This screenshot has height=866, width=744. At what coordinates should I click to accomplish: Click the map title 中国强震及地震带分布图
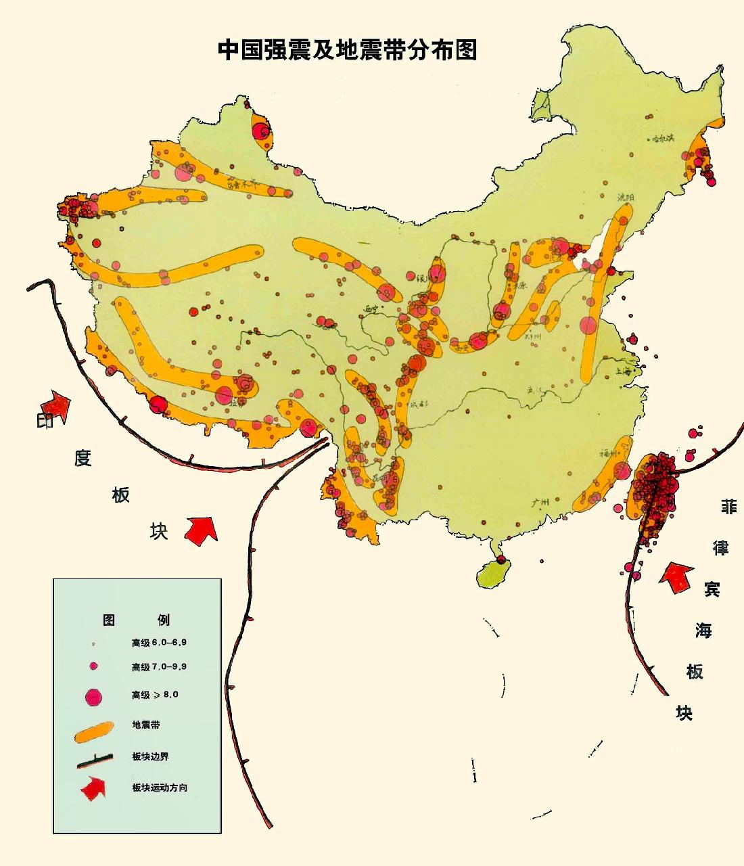click(x=347, y=49)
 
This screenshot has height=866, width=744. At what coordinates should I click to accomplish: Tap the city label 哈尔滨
click(x=663, y=138)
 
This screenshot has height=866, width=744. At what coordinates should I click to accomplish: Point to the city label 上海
click(x=626, y=371)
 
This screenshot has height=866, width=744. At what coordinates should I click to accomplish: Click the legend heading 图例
click(x=137, y=619)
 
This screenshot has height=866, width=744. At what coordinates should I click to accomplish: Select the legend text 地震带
click(x=145, y=725)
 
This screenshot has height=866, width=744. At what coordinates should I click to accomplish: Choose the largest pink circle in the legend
click(x=93, y=696)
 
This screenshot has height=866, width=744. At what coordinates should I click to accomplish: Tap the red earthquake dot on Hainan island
click(x=501, y=560)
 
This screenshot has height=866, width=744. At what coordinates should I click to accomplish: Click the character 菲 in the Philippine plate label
click(x=728, y=506)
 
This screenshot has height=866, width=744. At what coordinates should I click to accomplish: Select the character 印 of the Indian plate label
click(x=45, y=421)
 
